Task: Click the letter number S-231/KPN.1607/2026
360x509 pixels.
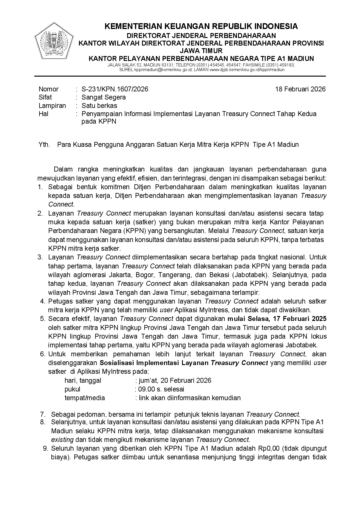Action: pyautogui.click(x=115, y=89)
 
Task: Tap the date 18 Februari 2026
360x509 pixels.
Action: pyautogui.click(x=300, y=89)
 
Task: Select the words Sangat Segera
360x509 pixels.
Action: pyautogui.click(x=104, y=97)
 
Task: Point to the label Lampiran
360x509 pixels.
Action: pyautogui.click(x=52, y=105)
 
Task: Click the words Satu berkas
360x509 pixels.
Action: pyautogui.click(x=99, y=105)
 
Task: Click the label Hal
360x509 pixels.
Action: pyautogui.click(x=43, y=113)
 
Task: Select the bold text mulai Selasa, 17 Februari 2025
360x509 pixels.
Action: pyautogui.click(x=277, y=319)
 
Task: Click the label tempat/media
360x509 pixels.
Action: pyautogui.click(x=84, y=398)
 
